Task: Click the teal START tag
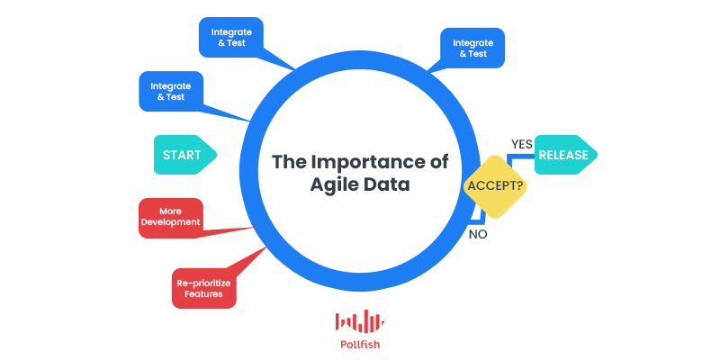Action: (x=184, y=155)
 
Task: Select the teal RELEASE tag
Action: (x=566, y=155)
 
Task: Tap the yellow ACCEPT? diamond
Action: (x=495, y=186)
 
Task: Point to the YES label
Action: (x=522, y=144)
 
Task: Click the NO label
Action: (x=478, y=234)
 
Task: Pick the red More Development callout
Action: (x=171, y=218)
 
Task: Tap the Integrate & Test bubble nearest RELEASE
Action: (x=472, y=49)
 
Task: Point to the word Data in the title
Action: (x=389, y=184)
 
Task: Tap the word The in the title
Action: (x=289, y=162)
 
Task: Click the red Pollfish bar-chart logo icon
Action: (x=359, y=320)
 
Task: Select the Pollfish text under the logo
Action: (x=360, y=344)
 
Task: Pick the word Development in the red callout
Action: (x=171, y=222)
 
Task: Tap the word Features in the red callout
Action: (x=203, y=293)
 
